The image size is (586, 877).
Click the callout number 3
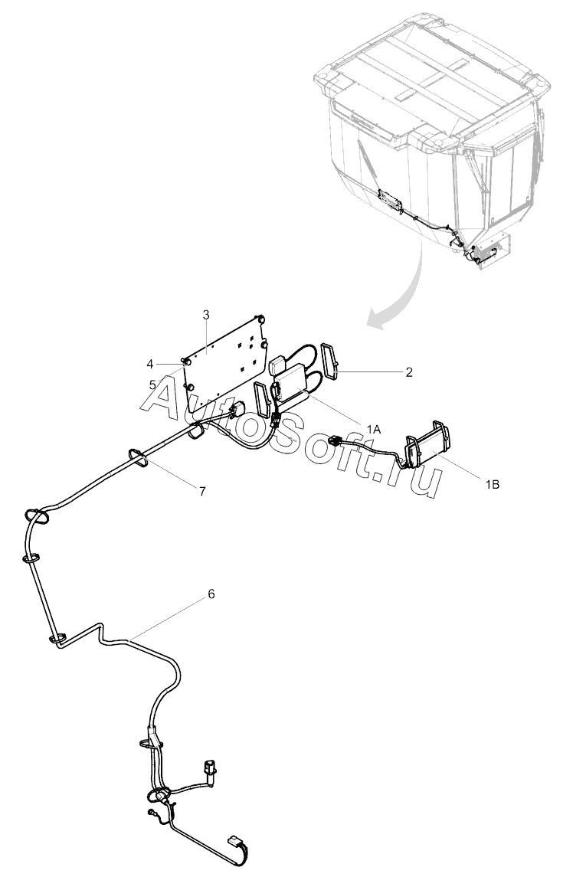[x=206, y=315]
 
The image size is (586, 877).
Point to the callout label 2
[x=409, y=372]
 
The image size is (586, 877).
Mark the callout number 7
[x=202, y=491]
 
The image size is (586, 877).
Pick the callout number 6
[x=211, y=594]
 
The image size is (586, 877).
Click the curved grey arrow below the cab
[x=402, y=291]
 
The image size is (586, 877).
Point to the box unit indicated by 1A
[x=294, y=382]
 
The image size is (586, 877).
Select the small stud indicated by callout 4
[x=186, y=361]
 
